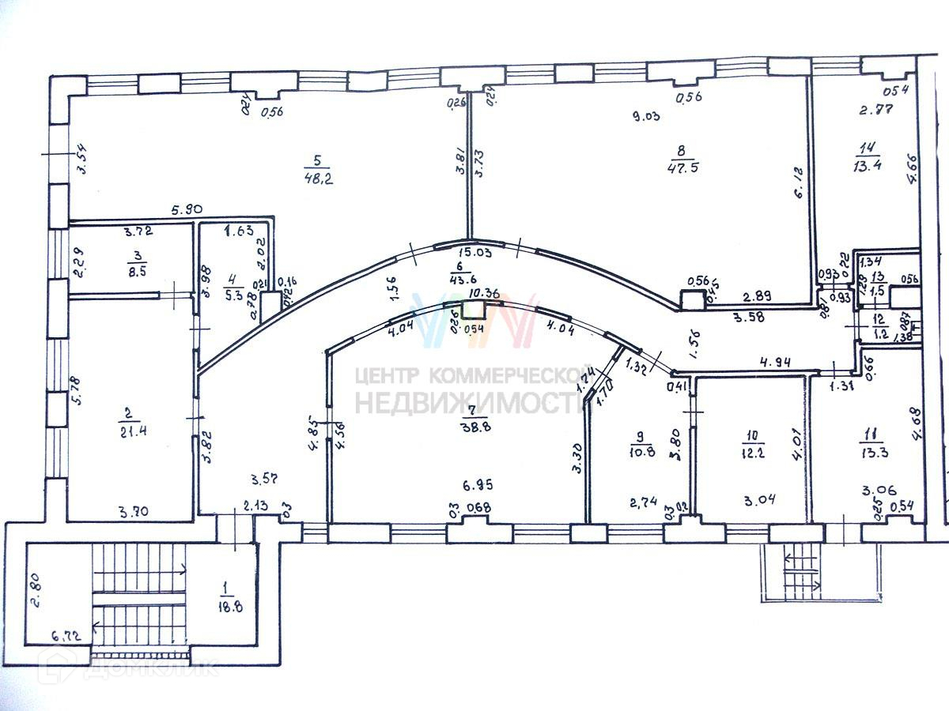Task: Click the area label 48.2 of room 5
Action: (319, 179)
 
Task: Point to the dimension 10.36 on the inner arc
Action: (483, 293)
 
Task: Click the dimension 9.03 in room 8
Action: (645, 116)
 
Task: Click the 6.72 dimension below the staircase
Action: (67, 634)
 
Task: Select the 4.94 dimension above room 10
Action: (777, 363)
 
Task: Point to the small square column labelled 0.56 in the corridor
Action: (693, 299)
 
